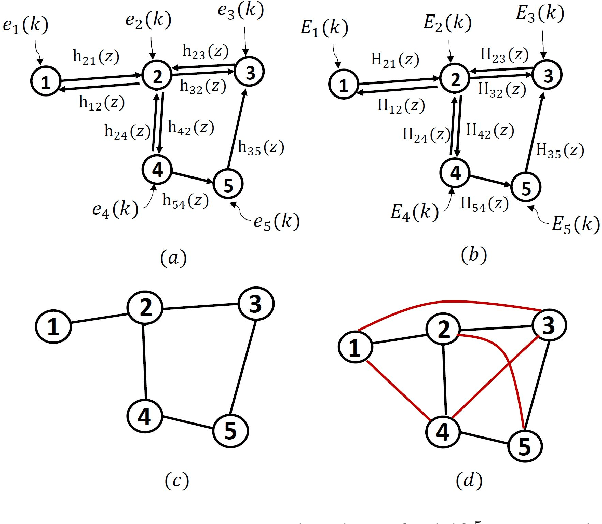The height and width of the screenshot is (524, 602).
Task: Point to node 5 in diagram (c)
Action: point(228,431)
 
